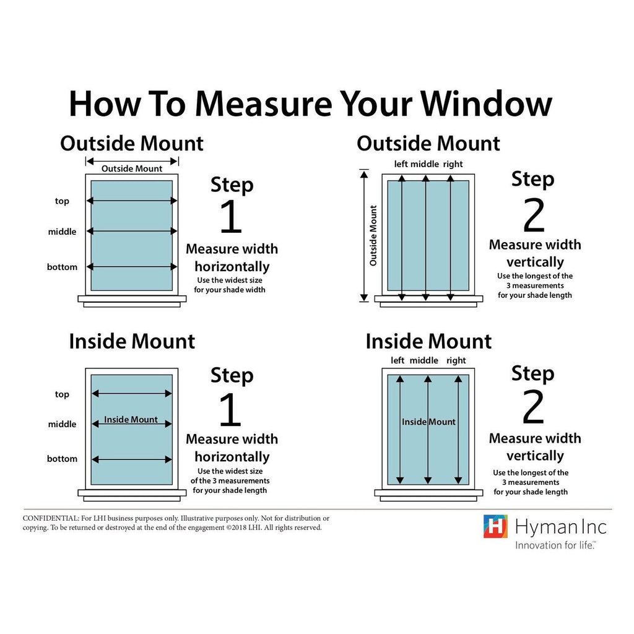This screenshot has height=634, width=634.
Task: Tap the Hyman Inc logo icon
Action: [x=495, y=526]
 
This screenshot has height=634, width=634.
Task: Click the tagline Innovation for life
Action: [x=555, y=545]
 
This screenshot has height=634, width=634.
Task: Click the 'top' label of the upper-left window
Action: [x=62, y=201]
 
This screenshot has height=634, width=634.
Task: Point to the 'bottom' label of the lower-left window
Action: [x=62, y=459]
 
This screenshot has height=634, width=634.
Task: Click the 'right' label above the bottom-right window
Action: [x=456, y=360]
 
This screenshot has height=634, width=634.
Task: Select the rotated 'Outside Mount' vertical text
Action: [x=373, y=236]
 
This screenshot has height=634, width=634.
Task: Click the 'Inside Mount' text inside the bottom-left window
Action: [x=131, y=420]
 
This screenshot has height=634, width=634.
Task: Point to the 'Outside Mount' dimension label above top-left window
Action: [x=132, y=168]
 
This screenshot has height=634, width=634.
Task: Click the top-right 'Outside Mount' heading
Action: [x=428, y=144]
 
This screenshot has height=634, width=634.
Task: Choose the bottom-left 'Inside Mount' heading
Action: [x=132, y=341]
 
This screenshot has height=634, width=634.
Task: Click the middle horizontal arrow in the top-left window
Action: [x=132, y=232]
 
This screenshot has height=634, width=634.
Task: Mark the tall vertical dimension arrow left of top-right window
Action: [x=364, y=236]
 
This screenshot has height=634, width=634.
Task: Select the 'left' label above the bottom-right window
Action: [x=397, y=360]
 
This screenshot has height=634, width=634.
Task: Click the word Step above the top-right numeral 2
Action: [x=533, y=180]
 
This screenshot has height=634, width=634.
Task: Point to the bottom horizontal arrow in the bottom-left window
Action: [x=132, y=459]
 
